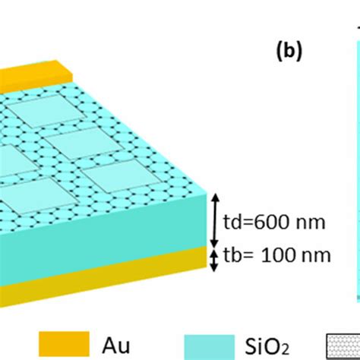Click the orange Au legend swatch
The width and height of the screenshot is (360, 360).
click(x=62, y=343)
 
